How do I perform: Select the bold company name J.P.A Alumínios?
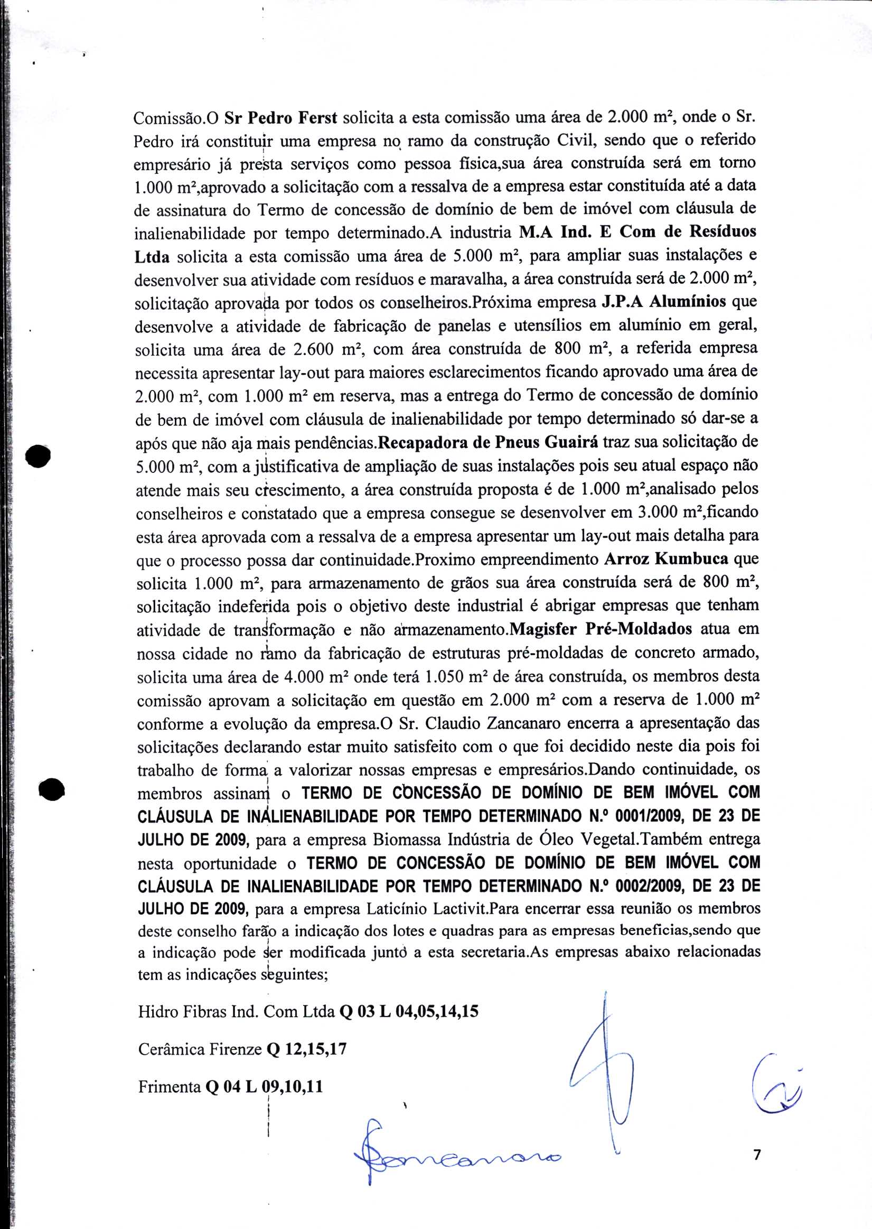coord(664,302)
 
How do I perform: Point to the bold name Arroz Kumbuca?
coord(667,559)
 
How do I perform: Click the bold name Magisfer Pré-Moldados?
coord(601,629)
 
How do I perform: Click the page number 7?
coord(756,1153)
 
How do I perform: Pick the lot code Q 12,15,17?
coord(306,1049)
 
